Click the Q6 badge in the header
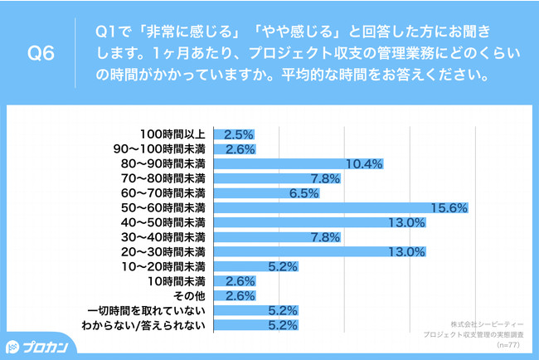coord(41,56)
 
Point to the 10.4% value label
coord(363,163)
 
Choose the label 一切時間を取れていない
coord(149,310)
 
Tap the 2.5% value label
coord(237,134)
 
